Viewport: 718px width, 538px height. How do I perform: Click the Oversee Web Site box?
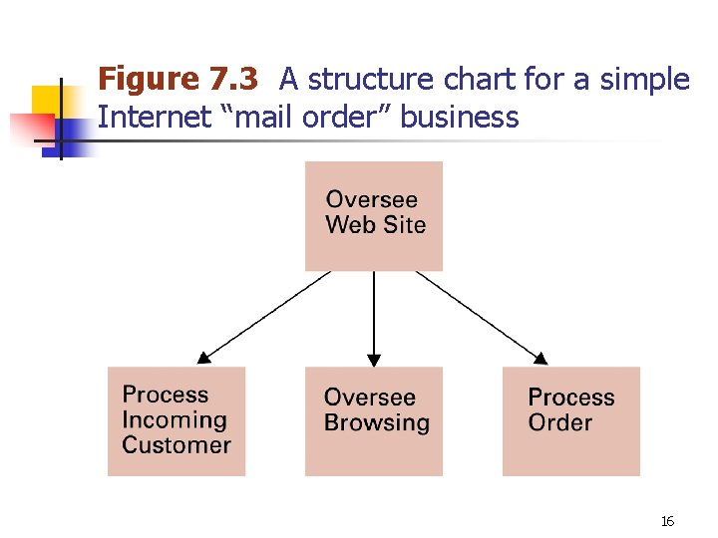tap(373, 215)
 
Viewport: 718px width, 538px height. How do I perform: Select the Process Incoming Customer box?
tap(177, 420)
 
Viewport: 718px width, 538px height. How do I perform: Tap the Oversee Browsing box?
tap(373, 420)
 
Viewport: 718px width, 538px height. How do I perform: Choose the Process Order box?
tap(570, 420)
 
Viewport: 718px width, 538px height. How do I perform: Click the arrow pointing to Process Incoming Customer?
tap(263, 316)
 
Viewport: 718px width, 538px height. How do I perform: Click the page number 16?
tap(667, 521)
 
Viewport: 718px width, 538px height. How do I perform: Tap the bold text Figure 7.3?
tap(178, 78)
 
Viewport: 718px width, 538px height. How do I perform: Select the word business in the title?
tap(462, 117)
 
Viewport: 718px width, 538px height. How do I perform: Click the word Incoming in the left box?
tap(175, 420)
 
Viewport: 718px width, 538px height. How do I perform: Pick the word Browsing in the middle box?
tap(377, 422)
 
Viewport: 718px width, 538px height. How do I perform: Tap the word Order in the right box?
tap(560, 422)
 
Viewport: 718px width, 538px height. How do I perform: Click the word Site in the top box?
tap(405, 225)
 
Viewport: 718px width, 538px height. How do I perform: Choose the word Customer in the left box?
tap(177, 445)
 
